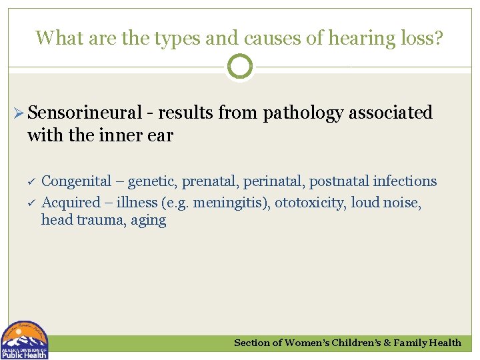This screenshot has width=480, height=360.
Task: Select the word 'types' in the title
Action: pos(169,38)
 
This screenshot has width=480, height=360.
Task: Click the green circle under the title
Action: pos(240,67)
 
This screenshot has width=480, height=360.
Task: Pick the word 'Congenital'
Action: pos(76,181)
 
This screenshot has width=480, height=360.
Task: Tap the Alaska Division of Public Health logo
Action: pos(24,340)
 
